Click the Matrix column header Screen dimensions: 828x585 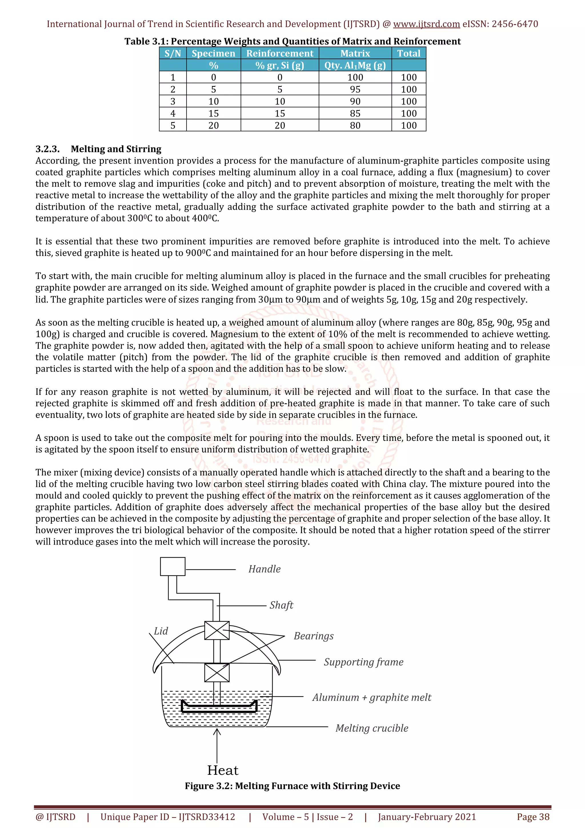coord(355,53)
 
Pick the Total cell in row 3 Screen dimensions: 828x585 coord(409,101)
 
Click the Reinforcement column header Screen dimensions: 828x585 coord(280,53)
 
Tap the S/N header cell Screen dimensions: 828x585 coord(173,53)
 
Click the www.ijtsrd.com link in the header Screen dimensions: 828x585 coord(426,24)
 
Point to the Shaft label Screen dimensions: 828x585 coord(281,605)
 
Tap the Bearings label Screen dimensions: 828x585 coord(314,636)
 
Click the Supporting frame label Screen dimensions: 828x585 coord(363,662)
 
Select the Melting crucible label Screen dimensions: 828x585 coord(372,728)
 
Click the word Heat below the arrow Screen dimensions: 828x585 coord(223,770)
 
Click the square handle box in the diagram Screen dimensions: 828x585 coord(173,567)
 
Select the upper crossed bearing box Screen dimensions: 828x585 coord(217,630)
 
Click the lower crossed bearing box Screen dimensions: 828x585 coord(217,673)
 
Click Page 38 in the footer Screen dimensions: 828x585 coord(533,817)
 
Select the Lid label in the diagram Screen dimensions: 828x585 coord(161,631)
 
